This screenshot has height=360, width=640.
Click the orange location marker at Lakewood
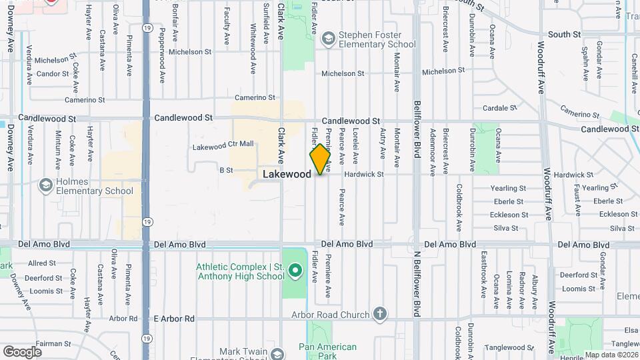(x=320, y=159)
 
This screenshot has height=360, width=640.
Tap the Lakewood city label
(x=287, y=174)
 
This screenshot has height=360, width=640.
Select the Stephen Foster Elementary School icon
(x=328, y=39)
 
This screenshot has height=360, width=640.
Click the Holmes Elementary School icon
(x=46, y=183)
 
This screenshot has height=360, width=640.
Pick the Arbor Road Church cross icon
(x=380, y=313)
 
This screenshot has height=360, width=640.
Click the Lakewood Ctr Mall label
(x=223, y=144)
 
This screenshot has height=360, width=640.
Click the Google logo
(x=22, y=351)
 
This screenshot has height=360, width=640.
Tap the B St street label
(x=226, y=170)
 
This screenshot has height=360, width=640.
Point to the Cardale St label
(x=500, y=107)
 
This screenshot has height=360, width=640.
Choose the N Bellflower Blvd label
(x=417, y=274)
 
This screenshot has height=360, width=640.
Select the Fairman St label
(x=54, y=343)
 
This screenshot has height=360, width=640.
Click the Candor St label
(x=53, y=73)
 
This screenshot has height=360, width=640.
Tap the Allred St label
(x=41, y=263)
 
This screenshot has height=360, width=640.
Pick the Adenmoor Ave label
(x=432, y=152)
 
